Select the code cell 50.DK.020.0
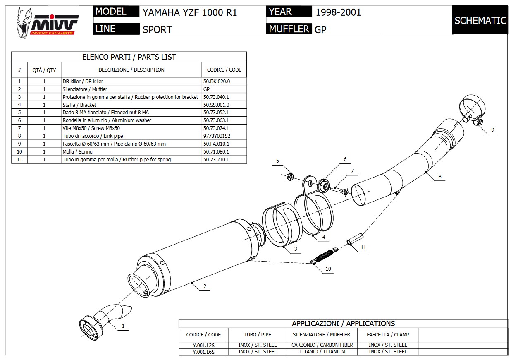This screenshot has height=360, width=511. click(216, 82)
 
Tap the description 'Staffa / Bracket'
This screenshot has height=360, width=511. click(79, 105)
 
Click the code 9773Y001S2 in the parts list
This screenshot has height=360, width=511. click(217, 136)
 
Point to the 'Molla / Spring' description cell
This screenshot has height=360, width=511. click(77, 152)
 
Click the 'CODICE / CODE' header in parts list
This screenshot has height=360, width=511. click(224, 70)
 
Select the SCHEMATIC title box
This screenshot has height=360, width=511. click(480, 20)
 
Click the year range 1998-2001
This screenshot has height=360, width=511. click(338, 12)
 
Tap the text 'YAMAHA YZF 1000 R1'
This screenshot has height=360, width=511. click(190, 13)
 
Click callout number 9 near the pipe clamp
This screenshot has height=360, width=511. click(493, 130)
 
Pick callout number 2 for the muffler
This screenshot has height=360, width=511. click(205, 286)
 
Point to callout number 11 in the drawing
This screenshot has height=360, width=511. click(363, 248)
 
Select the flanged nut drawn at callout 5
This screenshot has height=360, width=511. click(290, 176)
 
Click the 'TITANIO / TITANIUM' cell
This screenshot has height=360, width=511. click(322, 352)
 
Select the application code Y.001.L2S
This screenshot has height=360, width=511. click(203, 345)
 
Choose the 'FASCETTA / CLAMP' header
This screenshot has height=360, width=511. click(388, 335)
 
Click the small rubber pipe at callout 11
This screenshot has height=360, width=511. click(355, 239)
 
